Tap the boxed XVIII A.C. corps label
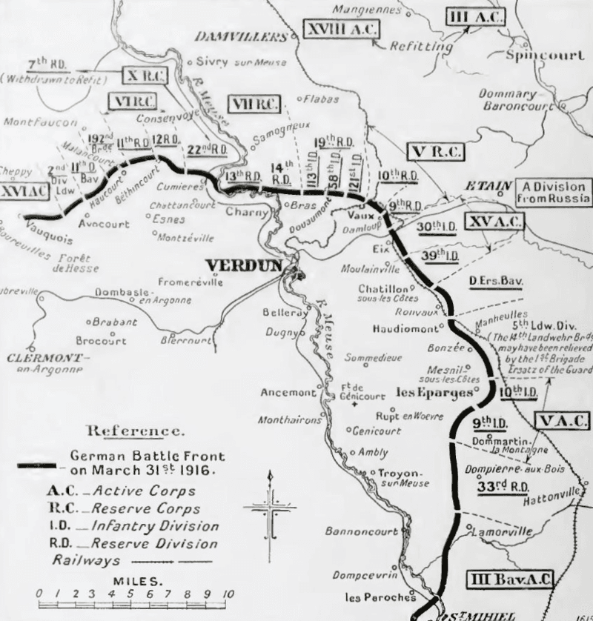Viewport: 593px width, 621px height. pyautogui.click(x=341, y=30)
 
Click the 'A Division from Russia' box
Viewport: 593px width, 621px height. pyautogui.click(x=553, y=193)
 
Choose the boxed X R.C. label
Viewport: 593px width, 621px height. pyautogui.click(x=145, y=76)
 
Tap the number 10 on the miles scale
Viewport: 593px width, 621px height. pyautogui.click(x=227, y=595)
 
